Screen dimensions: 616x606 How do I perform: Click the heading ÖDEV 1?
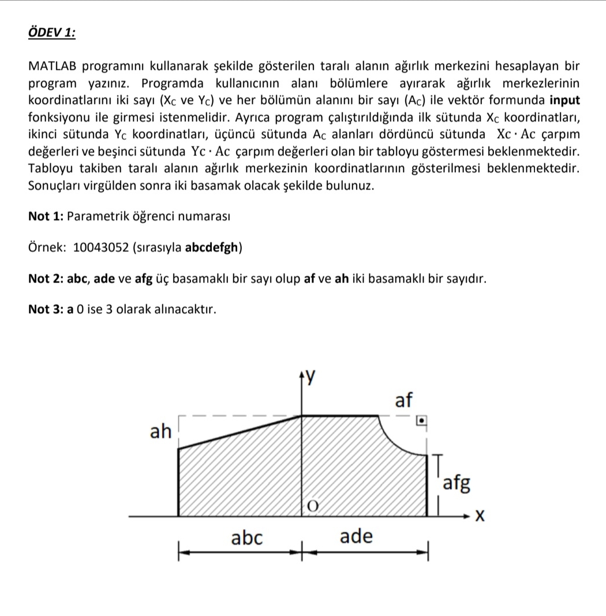[x=51, y=32]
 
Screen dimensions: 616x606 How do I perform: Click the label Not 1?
[x=46, y=217]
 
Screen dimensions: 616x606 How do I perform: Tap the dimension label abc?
[x=246, y=538]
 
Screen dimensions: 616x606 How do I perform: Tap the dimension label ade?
[x=356, y=537]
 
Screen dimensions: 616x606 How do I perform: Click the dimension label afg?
[x=457, y=483]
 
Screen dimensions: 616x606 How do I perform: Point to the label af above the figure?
[x=404, y=399]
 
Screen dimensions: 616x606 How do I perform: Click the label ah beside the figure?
[x=161, y=432]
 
